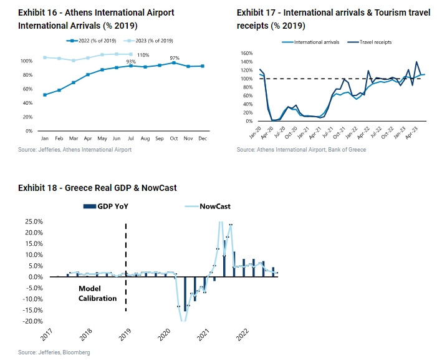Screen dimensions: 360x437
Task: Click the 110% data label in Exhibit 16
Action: [143, 56]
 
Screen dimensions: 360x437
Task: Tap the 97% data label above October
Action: [175, 57]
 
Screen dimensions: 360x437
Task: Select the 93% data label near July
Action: [131, 62]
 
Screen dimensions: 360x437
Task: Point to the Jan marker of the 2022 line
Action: [45, 95]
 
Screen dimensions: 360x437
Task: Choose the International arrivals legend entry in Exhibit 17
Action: [314, 42]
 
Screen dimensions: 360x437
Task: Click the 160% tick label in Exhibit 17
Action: [245, 54]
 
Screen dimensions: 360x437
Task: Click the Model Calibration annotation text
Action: [97, 293]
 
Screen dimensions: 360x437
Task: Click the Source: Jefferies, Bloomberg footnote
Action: [54, 353]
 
